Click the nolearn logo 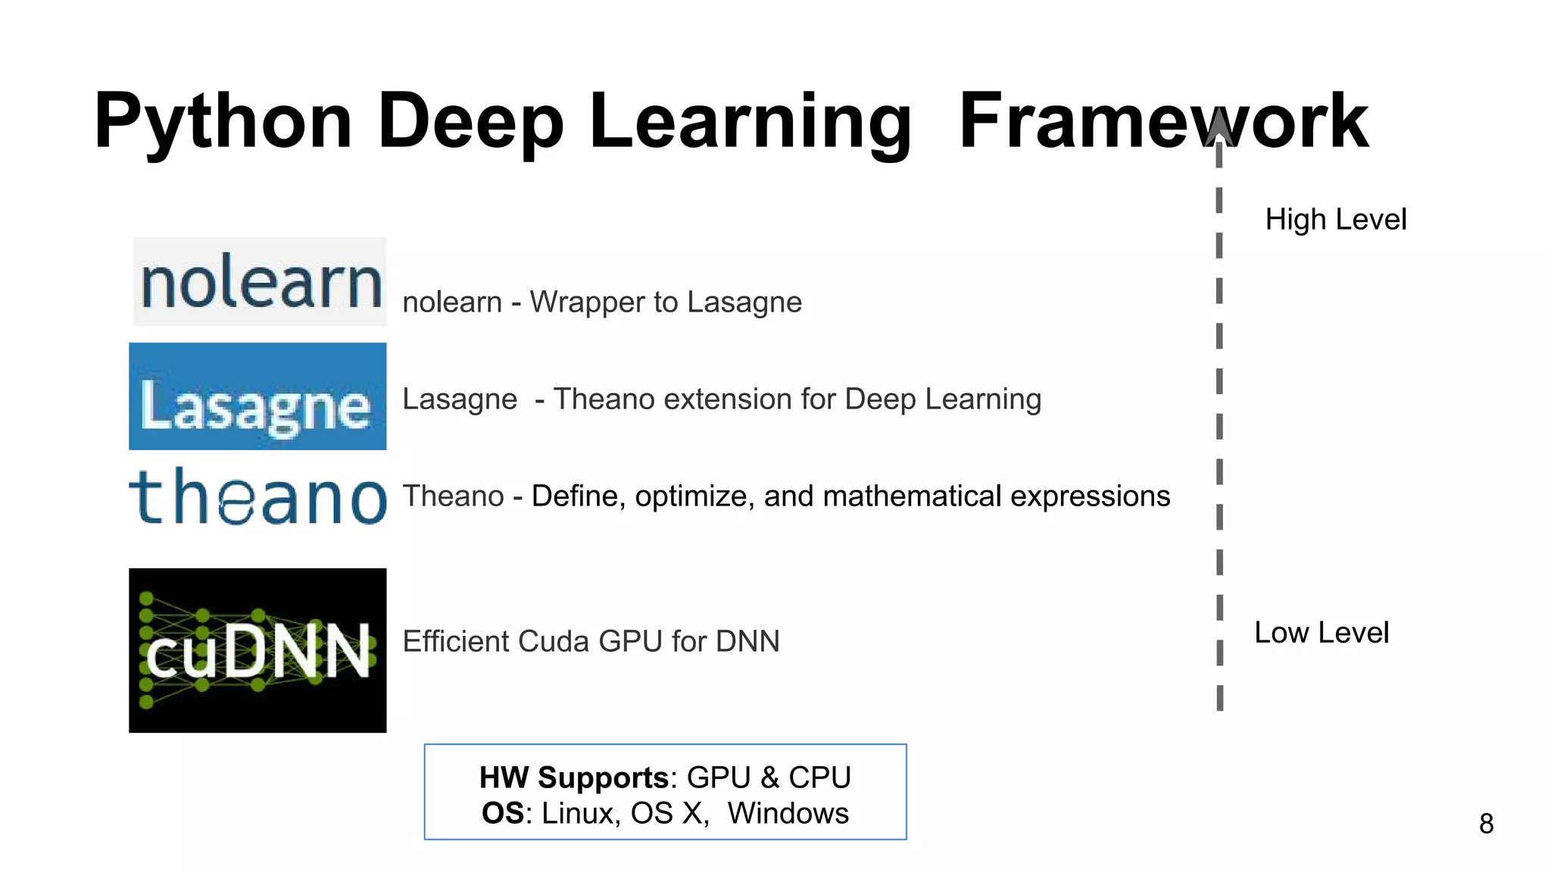tap(260, 282)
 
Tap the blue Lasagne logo tap(257, 396)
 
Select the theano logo tap(257, 496)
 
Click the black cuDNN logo tap(257, 650)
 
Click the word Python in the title tap(223, 121)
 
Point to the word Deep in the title tap(470, 121)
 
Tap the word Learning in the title tap(750, 121)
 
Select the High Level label tap(1336, 220)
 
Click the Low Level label tap(1322, 633)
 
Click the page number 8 tap(1486, 824)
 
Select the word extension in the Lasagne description tap(727, 399)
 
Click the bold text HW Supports tap(574, 778)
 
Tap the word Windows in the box tap(788, 813)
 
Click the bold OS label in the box tap(502, 813)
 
